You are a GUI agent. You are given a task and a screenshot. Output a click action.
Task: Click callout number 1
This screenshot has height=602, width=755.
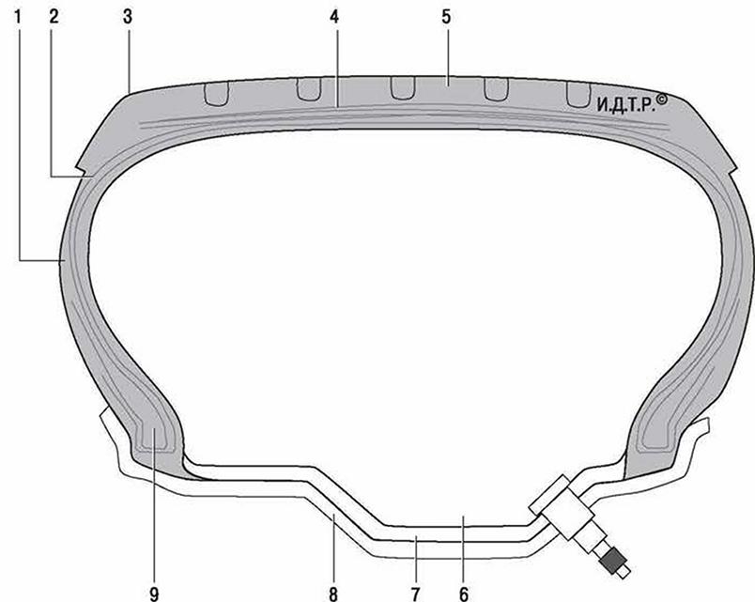18,17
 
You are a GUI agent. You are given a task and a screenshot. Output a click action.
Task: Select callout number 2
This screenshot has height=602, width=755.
54,17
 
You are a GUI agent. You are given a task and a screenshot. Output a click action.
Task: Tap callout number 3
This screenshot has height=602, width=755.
127,17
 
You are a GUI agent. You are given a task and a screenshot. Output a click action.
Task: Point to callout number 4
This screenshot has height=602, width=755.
334,17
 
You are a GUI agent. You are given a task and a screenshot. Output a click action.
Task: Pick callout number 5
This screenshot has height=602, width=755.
446,17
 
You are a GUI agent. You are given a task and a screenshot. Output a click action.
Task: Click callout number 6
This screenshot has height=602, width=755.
463,594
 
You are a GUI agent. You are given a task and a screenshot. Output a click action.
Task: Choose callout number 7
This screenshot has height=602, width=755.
416,594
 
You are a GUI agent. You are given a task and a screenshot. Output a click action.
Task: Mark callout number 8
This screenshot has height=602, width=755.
333,594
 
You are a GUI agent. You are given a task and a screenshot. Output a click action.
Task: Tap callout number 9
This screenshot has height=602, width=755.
154,594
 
